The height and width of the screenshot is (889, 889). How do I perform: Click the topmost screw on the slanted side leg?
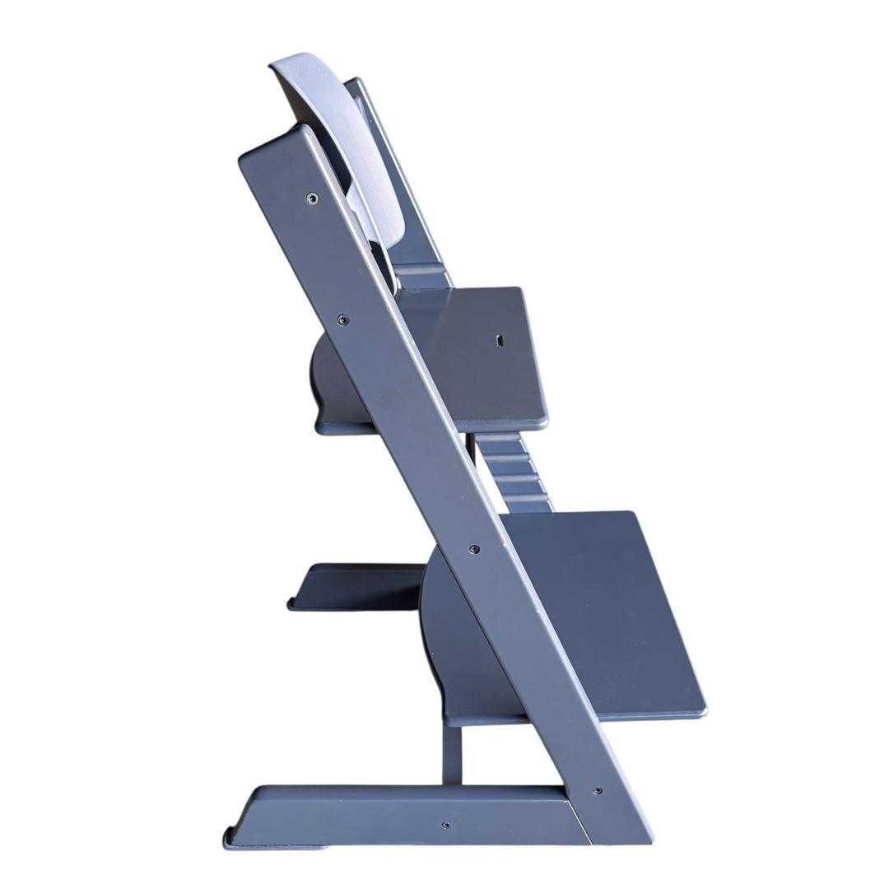(x=311, y=198)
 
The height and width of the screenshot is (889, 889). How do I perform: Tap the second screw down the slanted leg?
(x=343, y=319)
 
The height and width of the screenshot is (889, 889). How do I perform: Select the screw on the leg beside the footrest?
(x=473, y=548)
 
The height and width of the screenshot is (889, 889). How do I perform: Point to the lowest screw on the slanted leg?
(x=597, y=791)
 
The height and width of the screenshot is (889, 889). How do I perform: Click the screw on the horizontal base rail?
(x=445, y=824)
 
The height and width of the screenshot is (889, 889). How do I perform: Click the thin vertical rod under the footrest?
(x=452, y=753)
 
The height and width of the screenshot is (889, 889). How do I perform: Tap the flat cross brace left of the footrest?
(x=354, y=586)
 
